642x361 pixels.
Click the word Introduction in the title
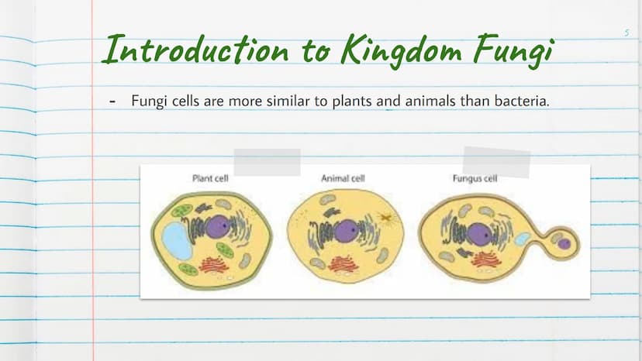click(x=196, y=50)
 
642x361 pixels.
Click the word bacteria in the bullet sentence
click(x=522, y=101)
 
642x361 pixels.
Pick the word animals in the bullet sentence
click(x=430, y=101)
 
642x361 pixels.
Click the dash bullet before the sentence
click(x=112, y=101)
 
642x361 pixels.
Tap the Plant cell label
click(x=210, y=178)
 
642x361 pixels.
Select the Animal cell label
click(x=343, y=178)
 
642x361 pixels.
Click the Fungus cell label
click(x=475, y=178)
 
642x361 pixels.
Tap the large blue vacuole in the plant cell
click(x=177, y=240)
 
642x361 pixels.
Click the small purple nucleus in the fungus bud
click(x=564, y=244)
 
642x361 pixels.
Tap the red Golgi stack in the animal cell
click(x=343, y=264)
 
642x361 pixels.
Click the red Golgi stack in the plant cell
click(x=214, y=265)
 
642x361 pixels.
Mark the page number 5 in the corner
click(x=626, y=33)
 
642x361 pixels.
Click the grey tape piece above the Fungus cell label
click(x=497, y=163)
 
